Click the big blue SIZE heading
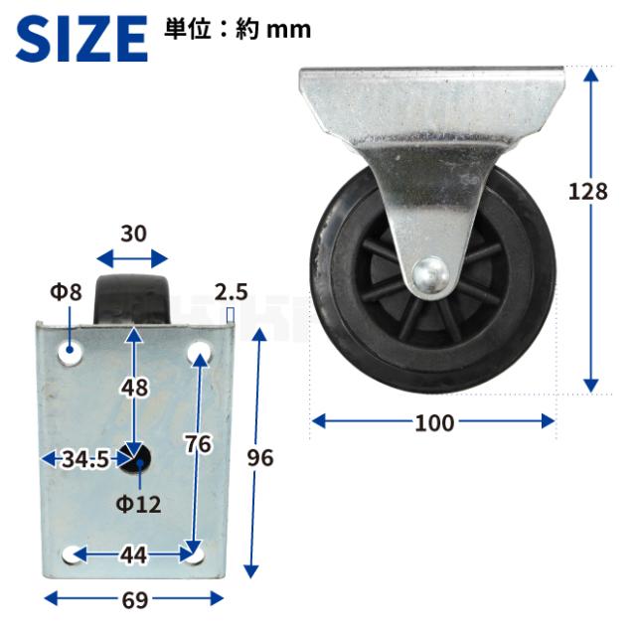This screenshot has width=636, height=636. tap(81, 39)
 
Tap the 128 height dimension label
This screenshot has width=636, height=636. tap(587, 192)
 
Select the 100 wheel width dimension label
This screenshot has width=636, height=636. tap(433, 423)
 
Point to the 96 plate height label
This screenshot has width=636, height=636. tap(260, 458)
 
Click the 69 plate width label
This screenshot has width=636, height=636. tap(134, 600)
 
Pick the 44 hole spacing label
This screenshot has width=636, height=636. tap(133, 555)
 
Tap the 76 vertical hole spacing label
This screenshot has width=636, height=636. tap(199, 443)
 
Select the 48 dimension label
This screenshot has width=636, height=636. tap(135, 388)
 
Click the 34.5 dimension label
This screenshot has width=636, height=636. tap(85, 459)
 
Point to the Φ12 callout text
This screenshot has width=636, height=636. tap(138, 504)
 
